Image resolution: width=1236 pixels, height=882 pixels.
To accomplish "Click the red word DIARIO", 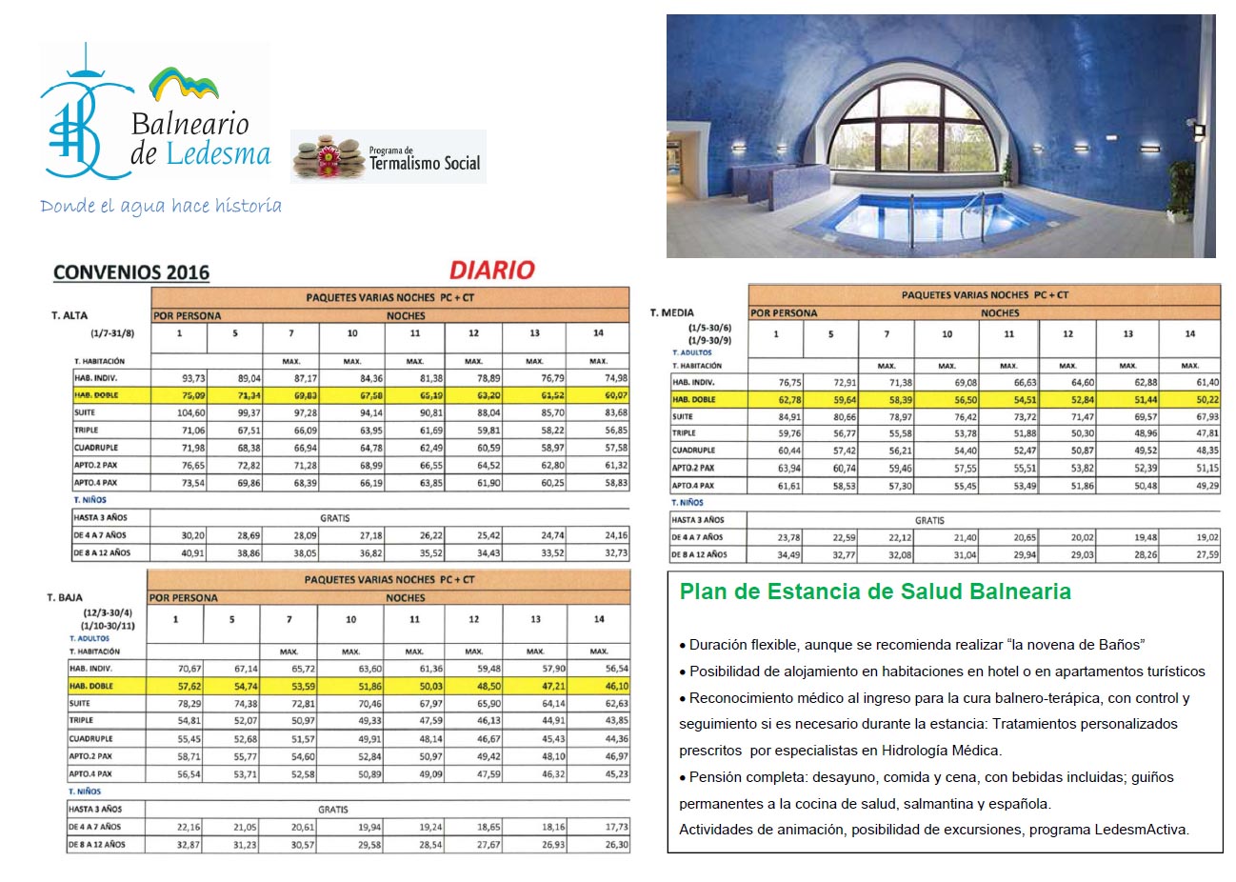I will [492, 271].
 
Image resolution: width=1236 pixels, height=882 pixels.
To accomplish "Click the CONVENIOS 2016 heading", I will [131, 272].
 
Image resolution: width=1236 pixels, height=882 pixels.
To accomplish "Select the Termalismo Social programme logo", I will [389, 157].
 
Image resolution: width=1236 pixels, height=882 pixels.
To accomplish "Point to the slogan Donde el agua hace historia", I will [161, 206].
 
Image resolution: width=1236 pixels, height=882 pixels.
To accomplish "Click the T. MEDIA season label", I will [672, 312].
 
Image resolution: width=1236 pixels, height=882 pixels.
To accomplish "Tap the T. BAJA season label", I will [65, 597].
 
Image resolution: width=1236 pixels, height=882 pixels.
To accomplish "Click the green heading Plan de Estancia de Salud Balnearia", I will [875, 591].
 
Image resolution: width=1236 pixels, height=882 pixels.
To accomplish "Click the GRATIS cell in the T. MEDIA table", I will [929, 520].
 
